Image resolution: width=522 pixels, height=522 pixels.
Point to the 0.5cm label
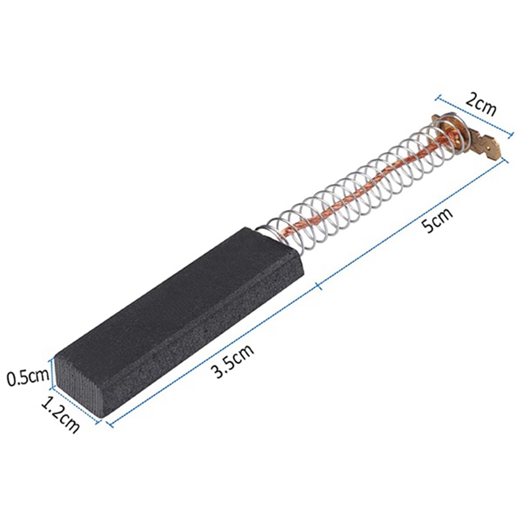pyautogui.click(x=27, y=377)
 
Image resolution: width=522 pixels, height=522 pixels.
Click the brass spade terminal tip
pyautogui.click(x=491, y=149)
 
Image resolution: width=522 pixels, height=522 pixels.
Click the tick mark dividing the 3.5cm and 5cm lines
pyautogui.click(x=317, y=284)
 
